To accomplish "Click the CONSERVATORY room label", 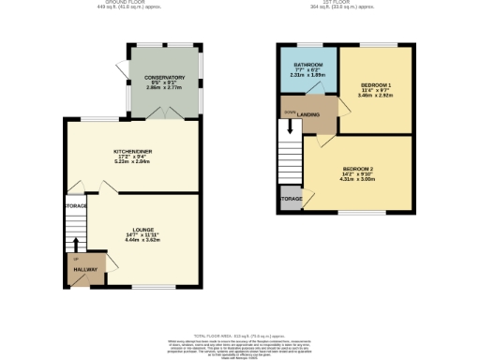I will tap(157, 78).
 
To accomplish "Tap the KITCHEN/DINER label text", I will tap(133, 151).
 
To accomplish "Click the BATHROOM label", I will tap(308, 65).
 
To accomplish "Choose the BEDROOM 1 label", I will tap(375, 85).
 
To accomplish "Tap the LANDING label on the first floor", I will tap(309, 115).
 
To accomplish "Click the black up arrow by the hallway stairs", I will tap(76, 245).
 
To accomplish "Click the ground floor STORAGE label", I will tap(76, 205).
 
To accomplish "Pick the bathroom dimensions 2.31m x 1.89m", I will tap(308, 76).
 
